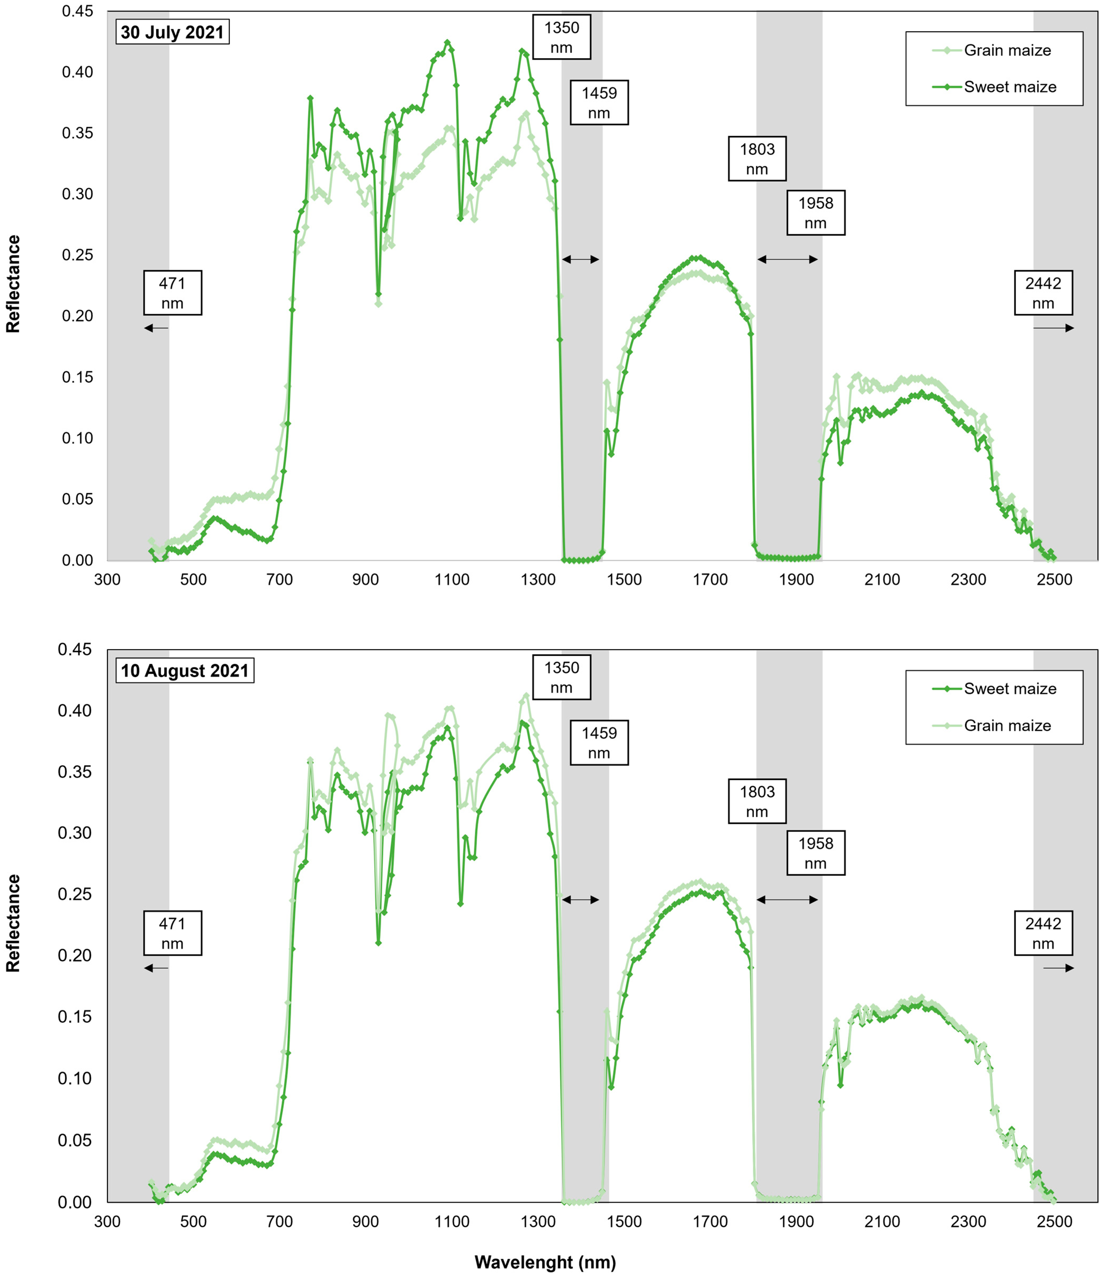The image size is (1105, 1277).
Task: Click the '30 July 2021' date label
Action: coord(172,32)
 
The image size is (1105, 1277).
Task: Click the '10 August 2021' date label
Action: coord(184,671)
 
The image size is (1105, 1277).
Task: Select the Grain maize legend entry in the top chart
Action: coord(1007,51)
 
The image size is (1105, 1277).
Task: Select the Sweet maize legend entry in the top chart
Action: coord(1009,87)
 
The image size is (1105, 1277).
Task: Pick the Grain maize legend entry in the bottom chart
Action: coord(1007,725)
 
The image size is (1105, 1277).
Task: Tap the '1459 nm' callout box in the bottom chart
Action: coord(599,743)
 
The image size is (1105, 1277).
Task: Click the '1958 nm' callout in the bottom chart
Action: coord(815,853)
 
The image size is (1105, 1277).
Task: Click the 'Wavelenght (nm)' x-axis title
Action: coord(545,1262)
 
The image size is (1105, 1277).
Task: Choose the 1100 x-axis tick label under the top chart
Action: coord(452,579)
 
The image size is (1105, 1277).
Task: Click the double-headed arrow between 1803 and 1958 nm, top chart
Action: coord(787,260)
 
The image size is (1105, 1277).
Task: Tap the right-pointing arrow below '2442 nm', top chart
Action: coord(1053,328)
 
